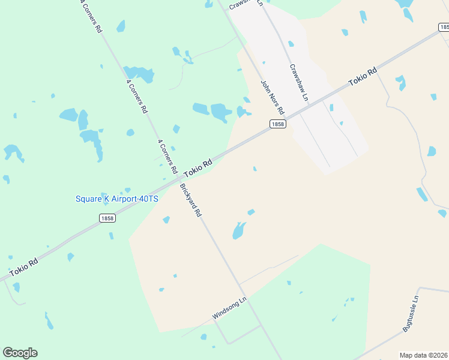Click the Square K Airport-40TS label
coord(116,199)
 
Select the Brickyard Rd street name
coord(191,200)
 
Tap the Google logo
coord(20,353)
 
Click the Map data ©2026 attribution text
coord(423,355)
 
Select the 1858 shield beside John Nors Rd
coord(277,124)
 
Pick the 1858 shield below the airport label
coord(107,218)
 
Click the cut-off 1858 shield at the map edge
coord(443,26)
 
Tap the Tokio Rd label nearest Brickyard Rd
coord(198,167)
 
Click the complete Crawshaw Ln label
coord(298,82)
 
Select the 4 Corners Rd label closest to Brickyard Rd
coord(167,157)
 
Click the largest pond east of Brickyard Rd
coord(239,230)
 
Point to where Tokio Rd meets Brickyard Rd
coord(179,178)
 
